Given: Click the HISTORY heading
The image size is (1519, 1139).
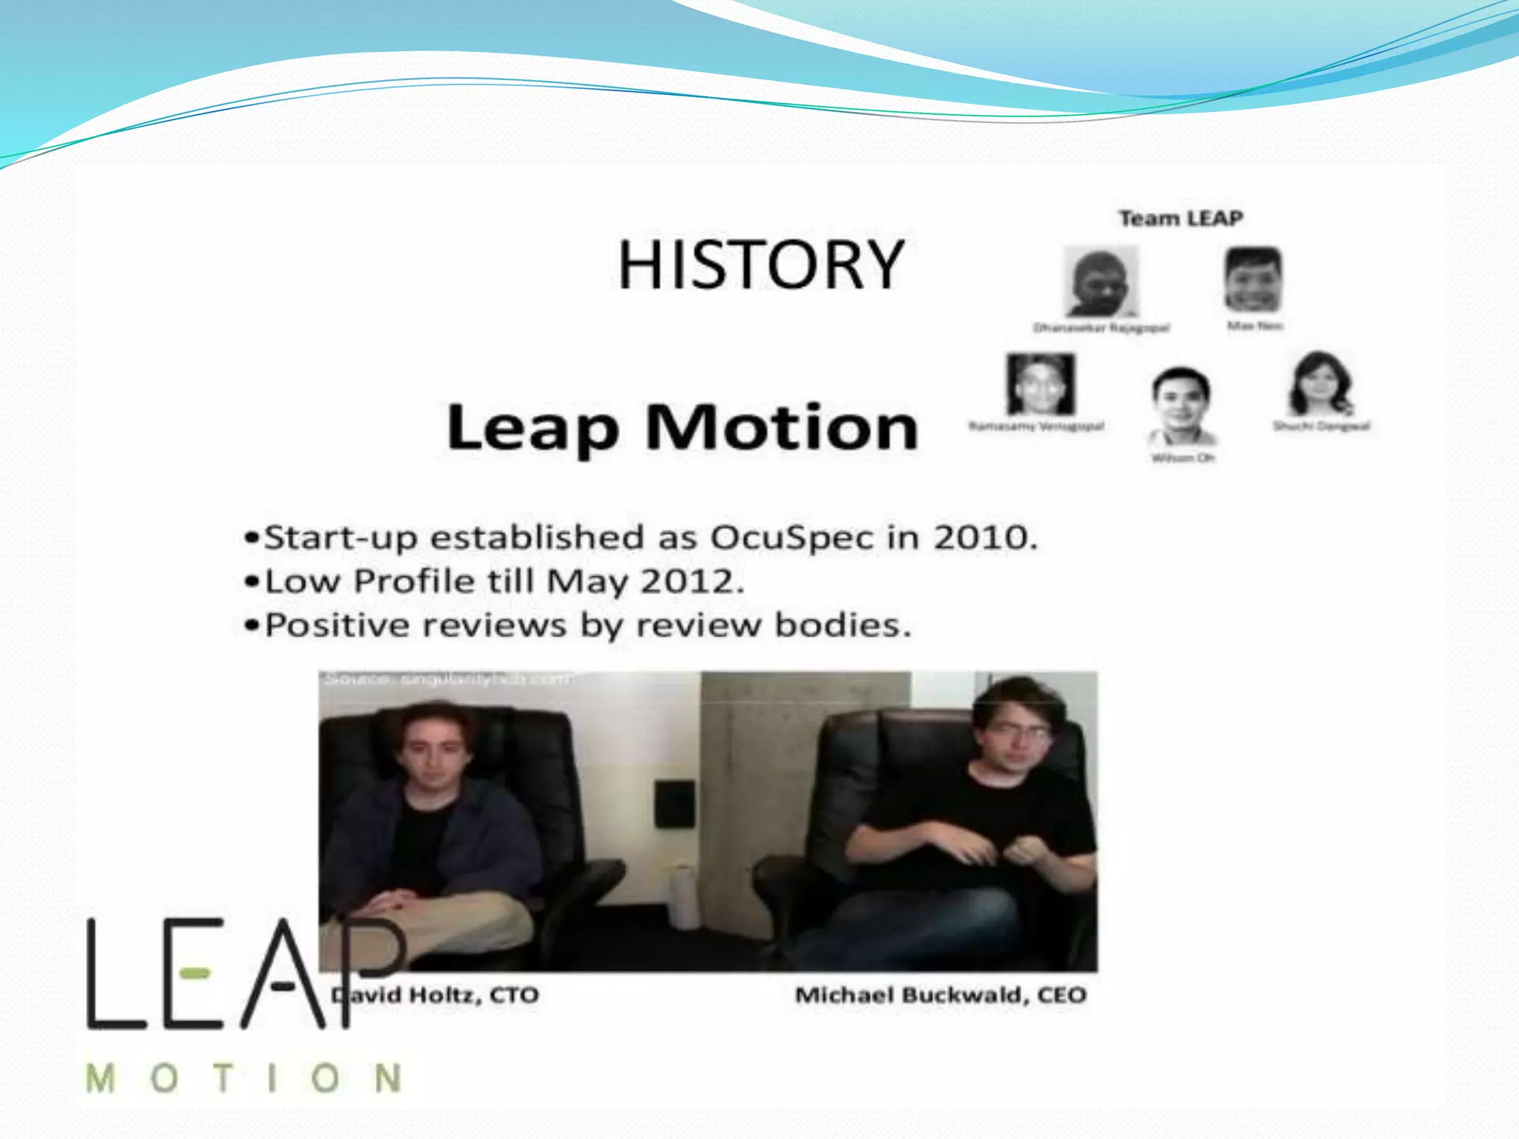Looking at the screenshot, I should [x=760, y=265].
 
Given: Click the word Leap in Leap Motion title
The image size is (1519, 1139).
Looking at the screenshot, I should [x=533, y=428].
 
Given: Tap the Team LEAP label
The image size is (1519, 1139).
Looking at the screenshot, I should [x=1180, y=219].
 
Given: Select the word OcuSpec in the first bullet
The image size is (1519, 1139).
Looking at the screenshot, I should [x=792, y=537].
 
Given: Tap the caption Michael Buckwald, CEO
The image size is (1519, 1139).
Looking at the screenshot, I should [x=940, y=994].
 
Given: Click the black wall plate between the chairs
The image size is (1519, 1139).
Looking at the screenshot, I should [x=674, y=803].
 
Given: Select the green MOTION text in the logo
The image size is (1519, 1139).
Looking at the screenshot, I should [x=243, y=1078].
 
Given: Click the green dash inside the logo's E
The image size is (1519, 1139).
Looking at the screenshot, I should [x=195, y=972].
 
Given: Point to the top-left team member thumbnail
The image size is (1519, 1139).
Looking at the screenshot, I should [x=1100, y=282].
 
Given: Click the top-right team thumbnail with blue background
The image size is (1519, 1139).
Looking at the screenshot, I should [x=1253, y=280].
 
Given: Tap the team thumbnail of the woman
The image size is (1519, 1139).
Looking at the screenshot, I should [x=1320, y=384].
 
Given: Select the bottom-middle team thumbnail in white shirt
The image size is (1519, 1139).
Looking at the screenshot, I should [x=1181, y=405].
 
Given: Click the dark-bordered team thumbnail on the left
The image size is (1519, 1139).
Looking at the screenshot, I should [x=1041, y=384].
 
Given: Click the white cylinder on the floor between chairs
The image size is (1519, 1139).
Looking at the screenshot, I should [x=683, y=897].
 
